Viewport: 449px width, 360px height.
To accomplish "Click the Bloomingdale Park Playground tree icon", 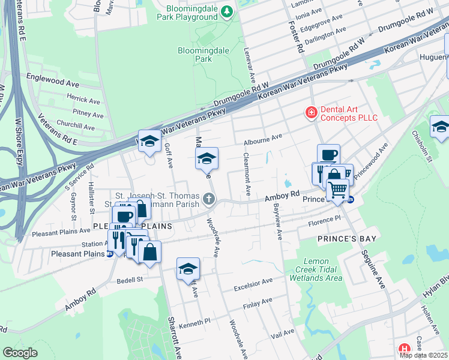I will [227, 11].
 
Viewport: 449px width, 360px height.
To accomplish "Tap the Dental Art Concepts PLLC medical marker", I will [312, 112].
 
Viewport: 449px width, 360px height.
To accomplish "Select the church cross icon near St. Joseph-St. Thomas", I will [208, 199].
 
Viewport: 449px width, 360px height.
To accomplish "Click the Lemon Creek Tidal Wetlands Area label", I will [315, 270].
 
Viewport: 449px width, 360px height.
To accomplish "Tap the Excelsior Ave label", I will [253, 281].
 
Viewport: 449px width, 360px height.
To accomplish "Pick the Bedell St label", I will [130, 280].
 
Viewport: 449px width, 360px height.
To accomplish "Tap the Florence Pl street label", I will [324, 220].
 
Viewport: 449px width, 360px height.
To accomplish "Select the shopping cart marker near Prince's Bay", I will [338, 189].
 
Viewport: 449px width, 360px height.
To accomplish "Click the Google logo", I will [20, 353].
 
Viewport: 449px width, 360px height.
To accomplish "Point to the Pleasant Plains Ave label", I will [61, 231].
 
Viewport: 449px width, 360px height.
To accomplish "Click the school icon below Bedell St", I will [188, 269].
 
